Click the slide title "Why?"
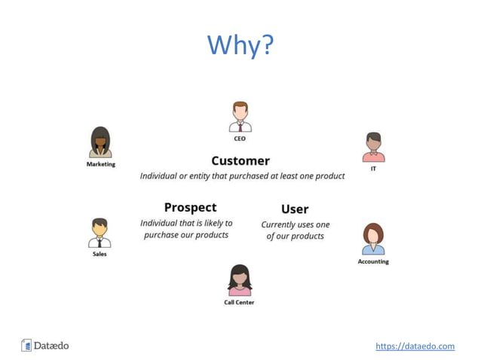click(240, 46)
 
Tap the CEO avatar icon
click(240, 117)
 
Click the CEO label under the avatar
click(240, 139)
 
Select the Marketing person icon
click(100, 142)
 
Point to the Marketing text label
click(100, 164)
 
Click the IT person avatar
click(373, 148)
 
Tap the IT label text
click(373, 169)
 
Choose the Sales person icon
click(100, 233)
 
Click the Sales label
click(100, 255)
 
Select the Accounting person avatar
click(373, 239)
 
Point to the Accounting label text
click(373, 262)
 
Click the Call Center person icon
click(240, 280)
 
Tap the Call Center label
click(240, 303)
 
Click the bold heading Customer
click(240, 160)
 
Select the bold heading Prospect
click(190, 207)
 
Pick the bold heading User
click(295, 209)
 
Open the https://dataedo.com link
click(415, 346)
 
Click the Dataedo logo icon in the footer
click(27, 346)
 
